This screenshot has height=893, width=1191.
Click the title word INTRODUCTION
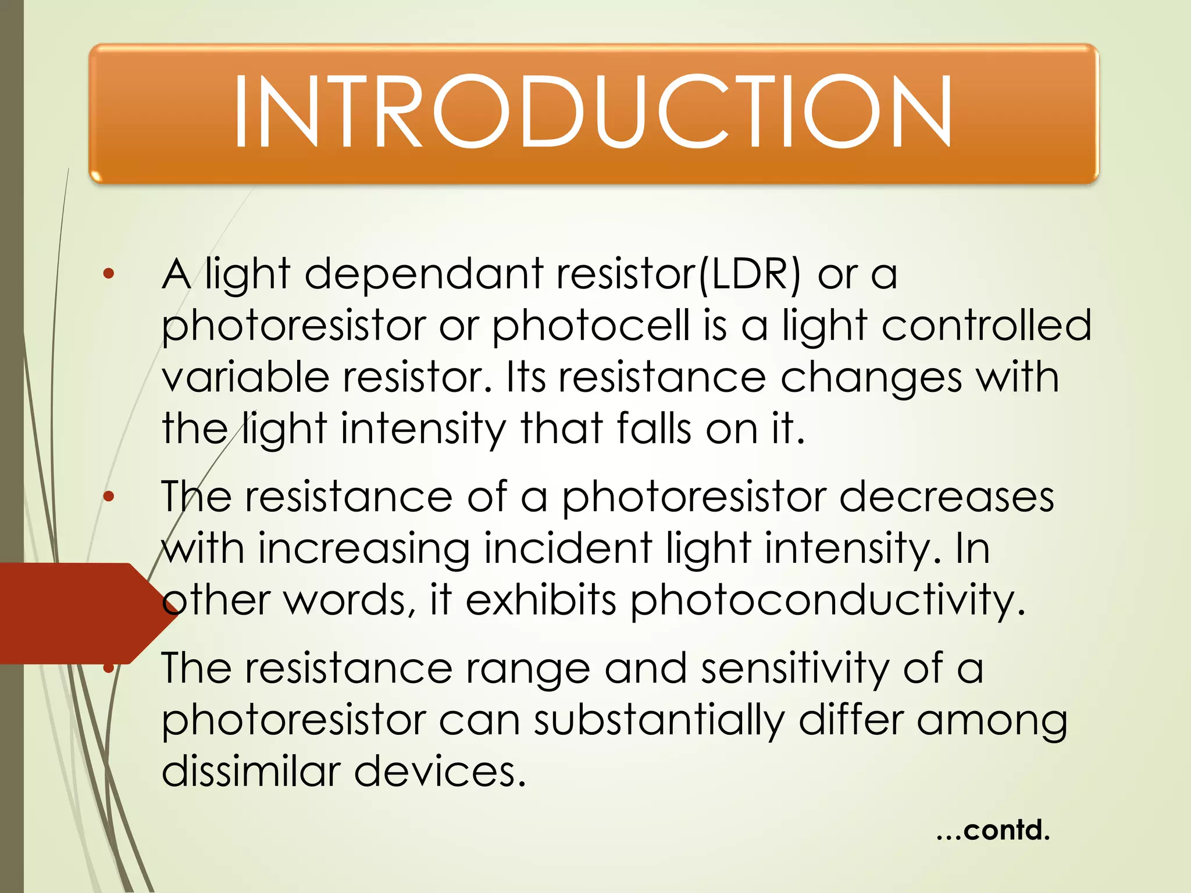click(x=592, y=112)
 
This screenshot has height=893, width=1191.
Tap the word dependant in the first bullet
click(x=424, y=274)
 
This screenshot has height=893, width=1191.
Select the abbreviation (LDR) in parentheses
click(x=748, y=274)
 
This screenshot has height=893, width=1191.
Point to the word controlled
click(x=986, y=325)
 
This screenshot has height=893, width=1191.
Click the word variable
click(x=245, y=377)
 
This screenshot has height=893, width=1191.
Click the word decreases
click(x=946, y=497)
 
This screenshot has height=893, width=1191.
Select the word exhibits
click(x=541, y=600)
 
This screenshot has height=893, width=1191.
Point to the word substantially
click(x=659, y=721)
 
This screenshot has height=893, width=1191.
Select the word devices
click(x=439, y=771)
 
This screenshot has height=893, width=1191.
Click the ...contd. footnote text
click(x=993, y=830)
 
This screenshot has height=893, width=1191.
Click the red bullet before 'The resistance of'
click(x=109, y=496)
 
